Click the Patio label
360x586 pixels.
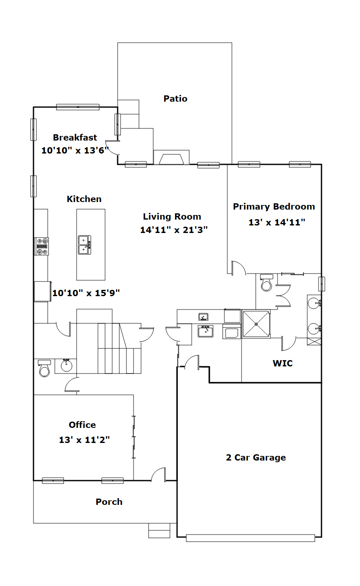175,99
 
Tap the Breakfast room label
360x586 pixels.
75,137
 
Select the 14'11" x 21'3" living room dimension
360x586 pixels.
174,230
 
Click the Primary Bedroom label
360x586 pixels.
274,207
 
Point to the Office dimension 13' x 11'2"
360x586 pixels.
84,440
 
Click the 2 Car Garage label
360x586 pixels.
256,458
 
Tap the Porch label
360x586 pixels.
109,502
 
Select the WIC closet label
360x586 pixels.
283,363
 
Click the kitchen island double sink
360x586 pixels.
85,245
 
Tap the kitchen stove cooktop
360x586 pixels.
41,246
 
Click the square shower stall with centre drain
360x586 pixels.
256,324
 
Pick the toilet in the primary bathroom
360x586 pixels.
267,282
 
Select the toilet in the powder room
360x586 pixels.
44,368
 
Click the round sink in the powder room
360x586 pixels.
67,365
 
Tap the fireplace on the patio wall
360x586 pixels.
171,157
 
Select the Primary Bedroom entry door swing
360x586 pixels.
239,268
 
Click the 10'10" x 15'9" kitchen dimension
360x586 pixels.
86,293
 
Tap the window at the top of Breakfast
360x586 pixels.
78,107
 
